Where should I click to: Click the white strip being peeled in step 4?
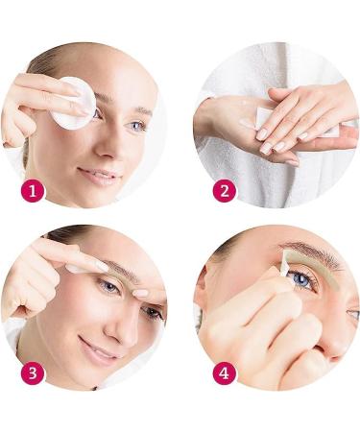point(285,261)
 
